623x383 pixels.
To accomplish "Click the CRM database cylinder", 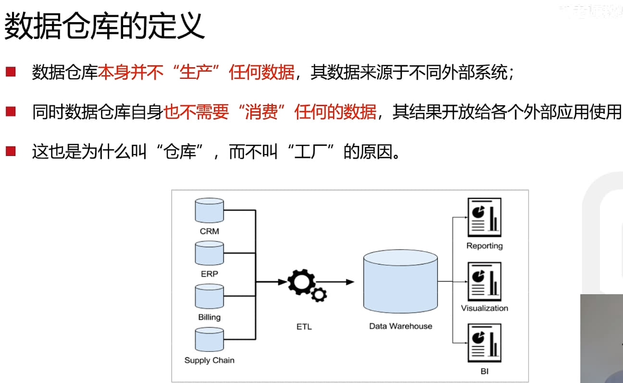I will point(210,210).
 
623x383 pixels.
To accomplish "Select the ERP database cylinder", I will point(210,253).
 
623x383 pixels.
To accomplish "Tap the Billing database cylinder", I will point(210,296).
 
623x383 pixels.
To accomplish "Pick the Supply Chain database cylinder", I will point(210,339).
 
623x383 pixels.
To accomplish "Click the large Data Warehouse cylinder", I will point(400,282).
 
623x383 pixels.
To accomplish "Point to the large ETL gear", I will point(301,282).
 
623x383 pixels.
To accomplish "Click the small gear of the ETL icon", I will point(319,294).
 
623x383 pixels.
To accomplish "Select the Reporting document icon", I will point(485,217).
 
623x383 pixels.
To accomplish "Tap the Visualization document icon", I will point(485,281).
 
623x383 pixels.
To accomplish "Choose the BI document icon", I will point(485,343).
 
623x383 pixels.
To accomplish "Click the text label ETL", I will point(304,327).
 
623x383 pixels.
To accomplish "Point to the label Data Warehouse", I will point(400,326).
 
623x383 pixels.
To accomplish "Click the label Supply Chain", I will point(210,360).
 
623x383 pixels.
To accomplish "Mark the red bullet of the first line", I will point(11,72).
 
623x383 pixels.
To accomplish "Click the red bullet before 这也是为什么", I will point(11,152).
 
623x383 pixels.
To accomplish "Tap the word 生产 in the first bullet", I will point(195,72).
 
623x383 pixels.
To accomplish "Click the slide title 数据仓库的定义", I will point(104,26).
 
